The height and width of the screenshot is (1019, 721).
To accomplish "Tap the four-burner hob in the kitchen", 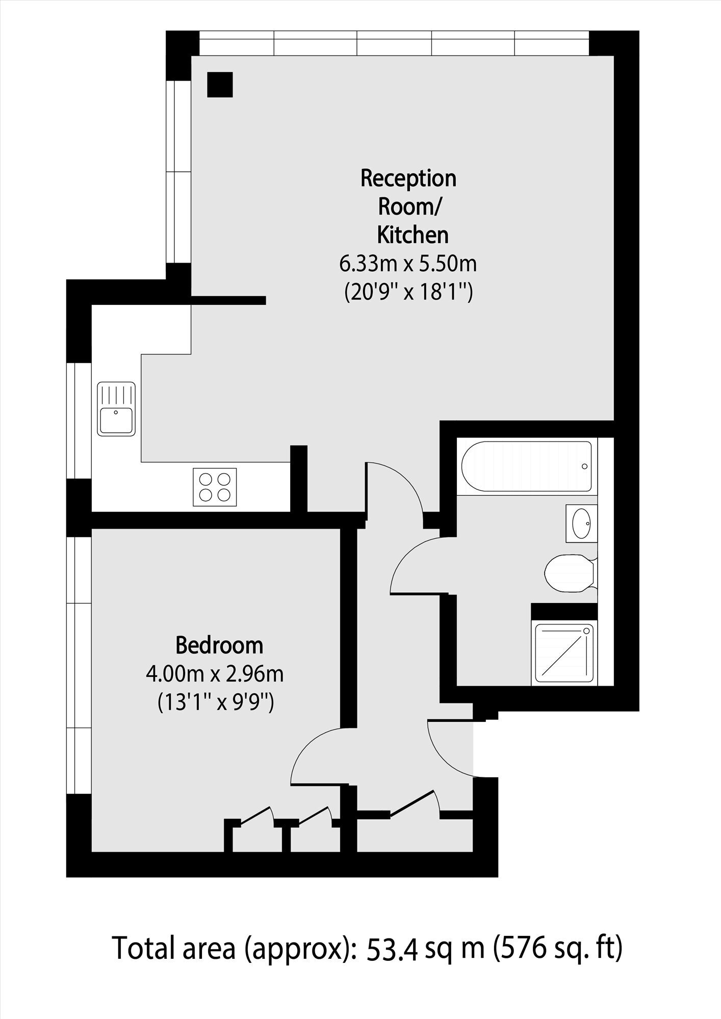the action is (215, 487).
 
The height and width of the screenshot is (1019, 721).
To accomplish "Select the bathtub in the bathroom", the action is (526, 466).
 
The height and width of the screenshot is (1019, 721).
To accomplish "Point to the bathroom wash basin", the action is (581, 524).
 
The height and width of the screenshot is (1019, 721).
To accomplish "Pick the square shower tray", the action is (564, 653).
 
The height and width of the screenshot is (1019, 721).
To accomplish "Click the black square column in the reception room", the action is (220, 84).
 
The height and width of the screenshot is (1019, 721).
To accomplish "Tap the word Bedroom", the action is (219, 645).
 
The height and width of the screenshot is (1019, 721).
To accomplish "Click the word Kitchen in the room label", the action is (413, 236).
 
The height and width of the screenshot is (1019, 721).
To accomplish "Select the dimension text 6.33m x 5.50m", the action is (408, 264).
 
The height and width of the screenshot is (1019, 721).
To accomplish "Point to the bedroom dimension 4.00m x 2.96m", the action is (215, 674).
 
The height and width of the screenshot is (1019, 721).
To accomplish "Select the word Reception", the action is (408, 178).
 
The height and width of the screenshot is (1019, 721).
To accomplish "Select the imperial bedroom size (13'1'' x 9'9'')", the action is (216, 703).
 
